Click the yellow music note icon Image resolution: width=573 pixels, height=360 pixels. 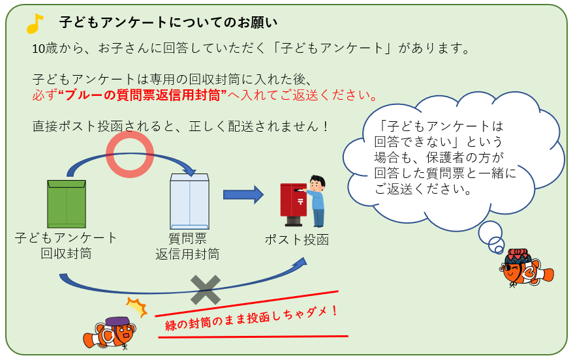pyautogui.click(x=34, y=24)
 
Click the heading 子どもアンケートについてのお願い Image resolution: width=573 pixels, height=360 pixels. pyautogui.click(x=168, y=22)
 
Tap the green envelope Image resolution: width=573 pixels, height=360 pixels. pyautogui.click(x=67, y=203)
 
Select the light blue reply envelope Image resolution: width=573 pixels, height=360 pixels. pyautogui.click(x=189, y=201)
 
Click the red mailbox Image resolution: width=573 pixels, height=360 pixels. pyautogui.click(x=292, y=203)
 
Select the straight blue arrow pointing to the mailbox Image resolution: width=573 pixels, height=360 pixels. pyautogui.click(x=243, y=194)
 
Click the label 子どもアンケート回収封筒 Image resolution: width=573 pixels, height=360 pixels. pyautogui.click(x=66, y=245)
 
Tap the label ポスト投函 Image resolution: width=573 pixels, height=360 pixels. pyautogui.click(x=296, y=239)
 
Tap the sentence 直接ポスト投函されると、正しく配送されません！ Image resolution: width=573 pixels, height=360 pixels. pyautogui.click(x=181, y=126)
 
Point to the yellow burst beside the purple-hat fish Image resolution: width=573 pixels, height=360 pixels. pyautogui.click(x=136, y=307)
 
